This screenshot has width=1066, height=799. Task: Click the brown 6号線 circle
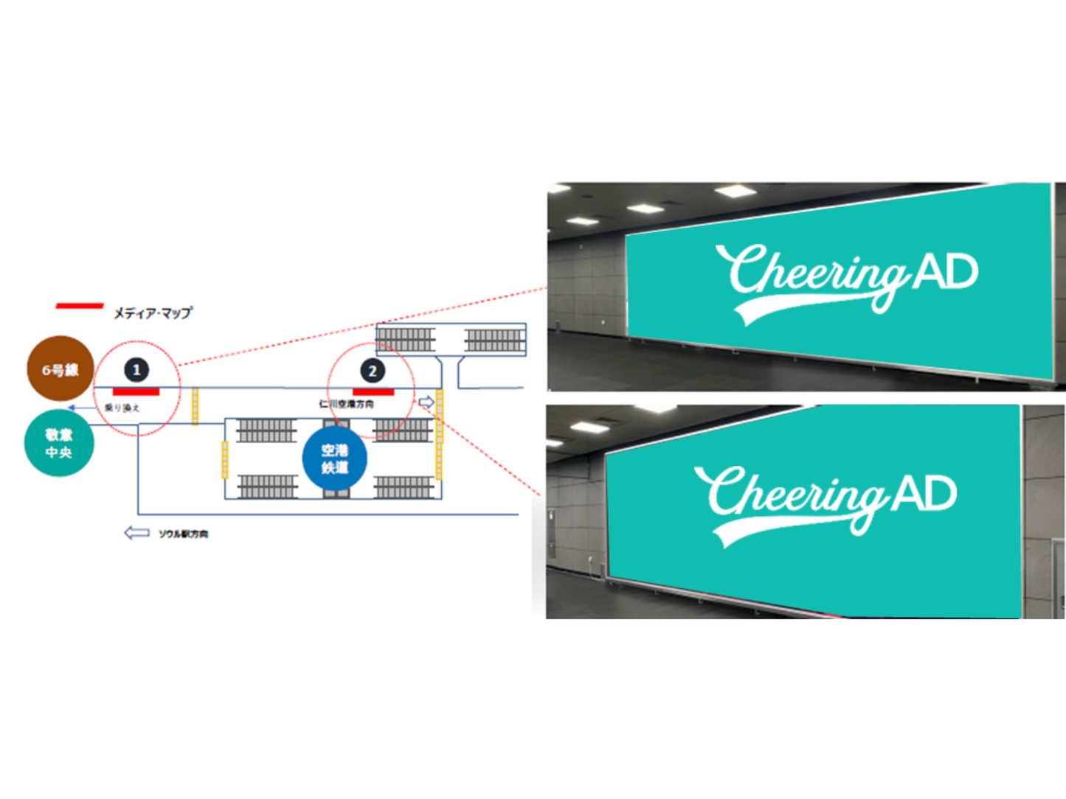pyautogui.click(x=60, y=369)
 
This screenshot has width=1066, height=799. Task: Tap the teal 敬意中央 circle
pyautogui.click(x=59, y=443)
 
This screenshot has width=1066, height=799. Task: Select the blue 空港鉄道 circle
pyautogui.click(x=335, y=458)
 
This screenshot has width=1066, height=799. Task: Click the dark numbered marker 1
pyautogui.click(x=136, y=370)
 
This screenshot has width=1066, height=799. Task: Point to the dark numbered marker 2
pyautogui.click(x=372, y=371)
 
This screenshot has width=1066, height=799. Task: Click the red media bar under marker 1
pyautogui.click(x=136, y=392)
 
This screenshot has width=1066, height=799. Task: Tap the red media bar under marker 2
pyautogui.click(x=373, y=392)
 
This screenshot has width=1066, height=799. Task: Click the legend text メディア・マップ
pyautogui.click(x=153, y=313)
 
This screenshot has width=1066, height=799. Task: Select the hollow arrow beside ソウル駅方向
pyautogui.click(x=136, y=533)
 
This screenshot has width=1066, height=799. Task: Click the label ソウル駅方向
pyautogui.click(x=184, y=534)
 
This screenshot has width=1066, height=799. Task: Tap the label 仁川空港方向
pyautogui.click(x=346, y=404)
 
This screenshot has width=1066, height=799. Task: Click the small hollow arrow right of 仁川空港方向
pyautogui.click(x=426, y=402)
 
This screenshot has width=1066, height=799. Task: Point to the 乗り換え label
pyautogui.click(x=122, y=408)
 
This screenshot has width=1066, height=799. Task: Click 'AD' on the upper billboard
pyautogui.click(x=946, y=272)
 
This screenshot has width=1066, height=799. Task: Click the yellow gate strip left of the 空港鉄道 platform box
pyautogui.click(x=225, y=460)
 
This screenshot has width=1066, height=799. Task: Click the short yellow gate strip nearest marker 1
pyautogui.click(x=195, y=406)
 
